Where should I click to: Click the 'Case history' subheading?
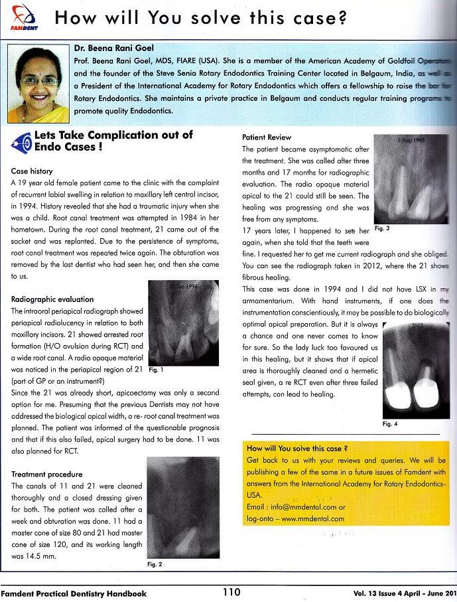coord(32,171)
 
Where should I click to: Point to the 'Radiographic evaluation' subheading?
coord(52,299)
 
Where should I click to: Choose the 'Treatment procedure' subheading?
coord(46,475)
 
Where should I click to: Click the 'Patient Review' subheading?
coord(267,138)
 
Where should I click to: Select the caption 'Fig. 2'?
coord(155,564)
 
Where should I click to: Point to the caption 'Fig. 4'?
coord(392,424)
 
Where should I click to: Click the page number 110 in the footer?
coord(233,593)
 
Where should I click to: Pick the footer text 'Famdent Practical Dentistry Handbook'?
coord(74,593)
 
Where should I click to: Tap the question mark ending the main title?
coord(342,19)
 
